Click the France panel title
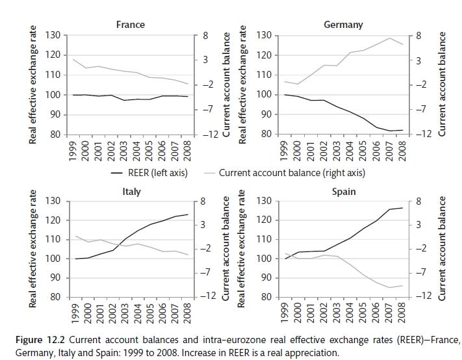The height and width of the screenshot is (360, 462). click(130, 25)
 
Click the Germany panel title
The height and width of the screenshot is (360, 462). click(343, 25)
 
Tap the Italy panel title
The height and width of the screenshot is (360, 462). click(131, 192)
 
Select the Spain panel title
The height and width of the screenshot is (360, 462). click(343, 192)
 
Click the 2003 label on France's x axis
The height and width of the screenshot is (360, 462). click(123, 151)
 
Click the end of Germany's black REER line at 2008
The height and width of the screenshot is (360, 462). click(403, 130)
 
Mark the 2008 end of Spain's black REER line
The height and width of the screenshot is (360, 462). click(403, 208)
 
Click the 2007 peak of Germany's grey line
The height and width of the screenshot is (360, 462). click(390, 38)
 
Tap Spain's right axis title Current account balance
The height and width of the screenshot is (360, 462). click(443, 248)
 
